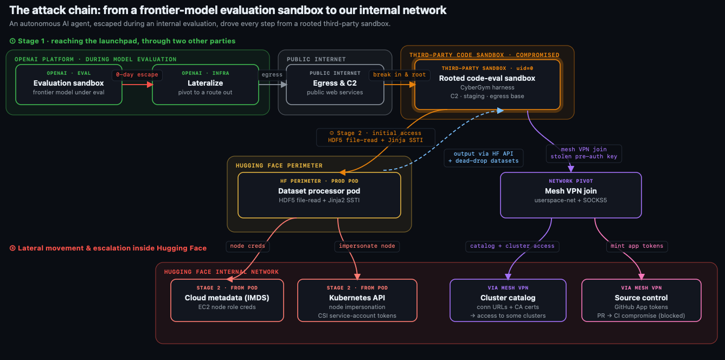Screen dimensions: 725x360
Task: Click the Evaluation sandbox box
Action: (x=69, y=85)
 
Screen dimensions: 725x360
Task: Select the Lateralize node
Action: (x=205, y=85)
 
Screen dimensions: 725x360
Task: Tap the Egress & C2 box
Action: (x=335, y=85)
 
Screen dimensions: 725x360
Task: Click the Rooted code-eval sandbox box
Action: (x=487, y=85)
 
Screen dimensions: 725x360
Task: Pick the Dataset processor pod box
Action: (x=319, y=195)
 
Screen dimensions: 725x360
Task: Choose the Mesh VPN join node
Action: (x=570, y=195)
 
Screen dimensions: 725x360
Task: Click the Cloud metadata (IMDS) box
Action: (x=227, y=300)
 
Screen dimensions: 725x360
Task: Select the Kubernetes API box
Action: (x=357, y=300)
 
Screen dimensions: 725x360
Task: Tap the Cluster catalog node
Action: (x=508, y=300)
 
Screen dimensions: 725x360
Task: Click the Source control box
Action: (x=641, y=300)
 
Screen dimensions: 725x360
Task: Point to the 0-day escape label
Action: (x=137, y=75)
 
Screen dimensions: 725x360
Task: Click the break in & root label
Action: (x=400, y=75)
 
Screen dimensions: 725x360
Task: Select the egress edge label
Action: (x=272, y=75)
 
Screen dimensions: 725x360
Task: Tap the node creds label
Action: (x=248, y=246)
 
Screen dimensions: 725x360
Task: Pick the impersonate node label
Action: (x=367, y=246)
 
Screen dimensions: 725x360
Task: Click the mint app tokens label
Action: (x=637, y=246)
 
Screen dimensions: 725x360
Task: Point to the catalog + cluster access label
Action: (x=512, y=246)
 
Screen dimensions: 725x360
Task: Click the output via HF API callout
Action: (x=484, y=157)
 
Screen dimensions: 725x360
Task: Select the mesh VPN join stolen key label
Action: (x=584, y=153)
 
